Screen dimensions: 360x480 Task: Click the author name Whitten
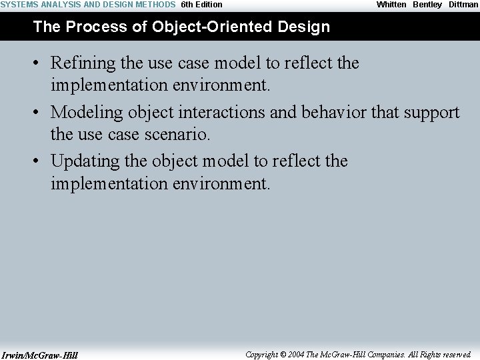391,5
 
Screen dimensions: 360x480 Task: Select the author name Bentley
427,5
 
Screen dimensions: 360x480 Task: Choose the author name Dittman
463,5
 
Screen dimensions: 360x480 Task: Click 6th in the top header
187,5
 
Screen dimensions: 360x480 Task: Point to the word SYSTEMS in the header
19,5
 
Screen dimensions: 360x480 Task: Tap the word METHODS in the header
156,5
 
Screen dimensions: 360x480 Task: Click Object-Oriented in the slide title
213,27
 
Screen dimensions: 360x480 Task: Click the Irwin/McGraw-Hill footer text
39,355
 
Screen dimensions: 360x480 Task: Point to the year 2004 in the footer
296,355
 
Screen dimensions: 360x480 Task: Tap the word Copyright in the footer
261,355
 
